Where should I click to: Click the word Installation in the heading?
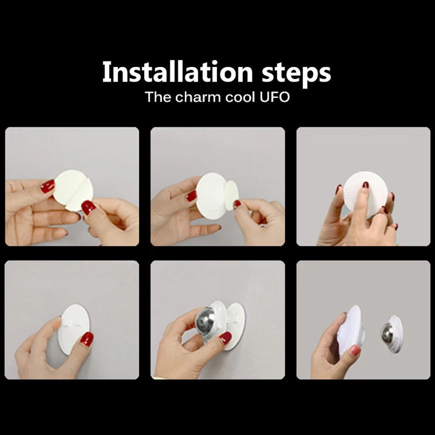click(177, 72)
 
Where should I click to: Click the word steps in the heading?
click(296, 73)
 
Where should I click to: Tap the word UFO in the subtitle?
click(275, 97)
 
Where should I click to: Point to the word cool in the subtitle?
click(240, 97)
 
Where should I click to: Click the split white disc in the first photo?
click(73, 190)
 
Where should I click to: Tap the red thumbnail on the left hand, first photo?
click(47, 186)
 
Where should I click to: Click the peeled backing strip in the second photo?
click(231, 195)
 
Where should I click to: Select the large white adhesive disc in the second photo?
click(212, 195)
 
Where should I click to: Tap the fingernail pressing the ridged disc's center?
click(365, 185)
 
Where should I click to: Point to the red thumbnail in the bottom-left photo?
click(86, 339)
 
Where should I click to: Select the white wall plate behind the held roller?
click(234, 325)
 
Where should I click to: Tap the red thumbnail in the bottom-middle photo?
click(225, 338)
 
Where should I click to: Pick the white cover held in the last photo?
click(351, 330)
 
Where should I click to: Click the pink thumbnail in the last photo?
click(355, 351)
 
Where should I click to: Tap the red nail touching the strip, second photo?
click(237, 204)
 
